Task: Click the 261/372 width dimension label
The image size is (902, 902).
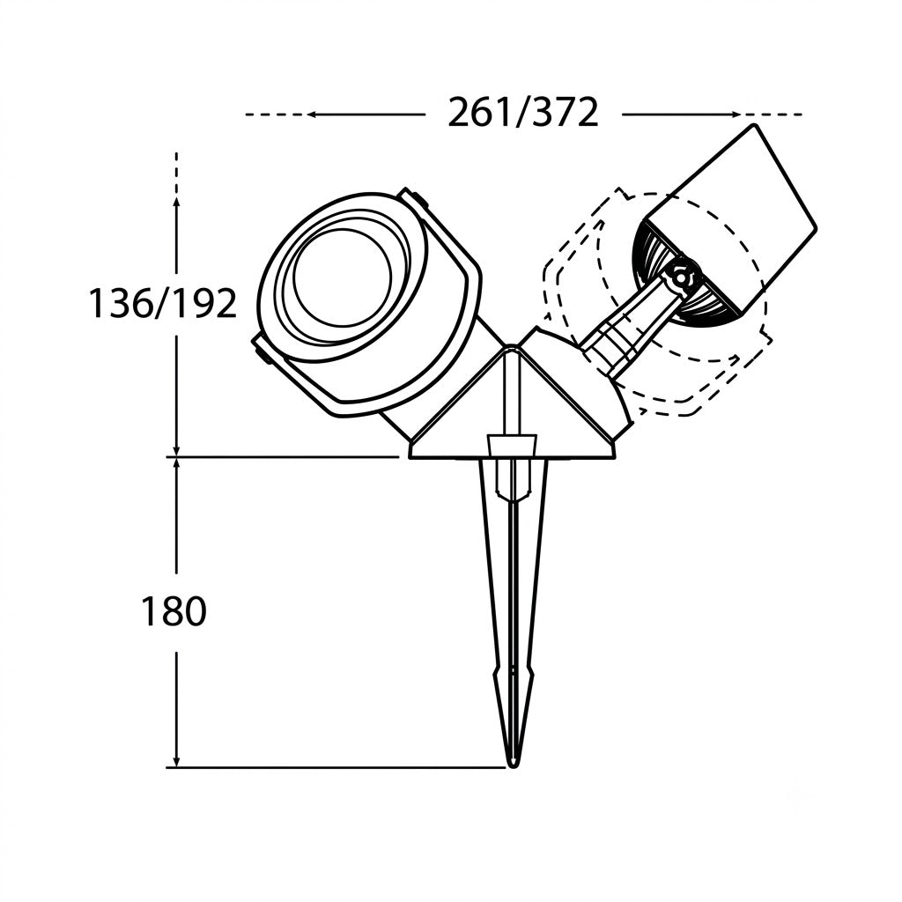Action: [523, 113]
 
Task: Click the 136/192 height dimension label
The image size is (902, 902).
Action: [162, 303]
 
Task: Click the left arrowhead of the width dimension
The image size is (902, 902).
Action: [314, 115]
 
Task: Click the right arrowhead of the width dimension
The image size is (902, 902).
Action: [734, 115]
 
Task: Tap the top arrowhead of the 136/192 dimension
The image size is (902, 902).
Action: [176, 203]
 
